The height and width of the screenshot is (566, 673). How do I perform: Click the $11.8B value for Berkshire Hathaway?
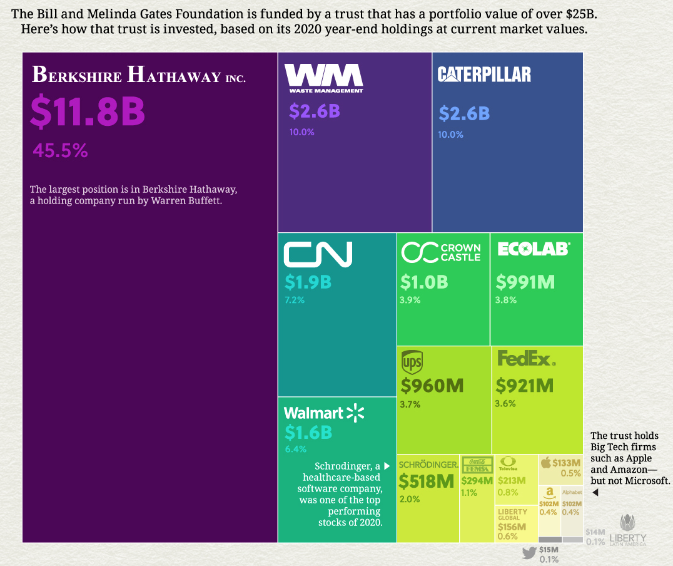point(88,111)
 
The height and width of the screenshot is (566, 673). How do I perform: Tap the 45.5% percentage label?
point(60,151)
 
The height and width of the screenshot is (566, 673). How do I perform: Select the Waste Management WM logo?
point(324,77)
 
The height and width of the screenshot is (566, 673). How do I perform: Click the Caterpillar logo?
point(484,75)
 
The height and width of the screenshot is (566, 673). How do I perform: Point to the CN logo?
point(318,254)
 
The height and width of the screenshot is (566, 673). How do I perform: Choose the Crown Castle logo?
point(441,252)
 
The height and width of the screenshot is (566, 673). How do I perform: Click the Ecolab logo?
point(534,249)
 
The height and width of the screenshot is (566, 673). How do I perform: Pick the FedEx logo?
point(525,359)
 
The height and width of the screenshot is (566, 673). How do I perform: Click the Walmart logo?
point(323,413)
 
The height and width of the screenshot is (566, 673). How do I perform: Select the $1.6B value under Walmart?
point(308,432)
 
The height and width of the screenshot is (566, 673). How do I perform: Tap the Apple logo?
point(545,463)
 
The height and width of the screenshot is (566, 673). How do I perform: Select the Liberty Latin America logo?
point(627,529)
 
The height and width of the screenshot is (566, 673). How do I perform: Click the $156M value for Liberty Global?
point(512,527)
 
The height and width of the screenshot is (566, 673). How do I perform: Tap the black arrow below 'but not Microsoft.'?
point(595,493)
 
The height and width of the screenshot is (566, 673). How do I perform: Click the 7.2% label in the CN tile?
point(295,300)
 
